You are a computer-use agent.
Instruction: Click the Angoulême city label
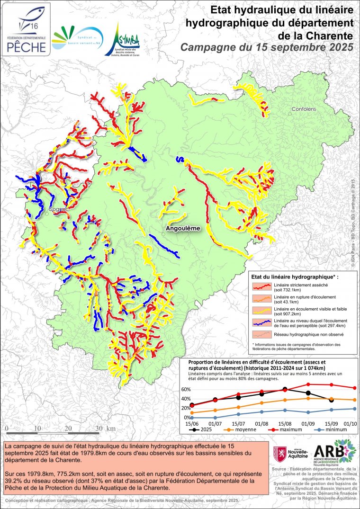tap(183, 228)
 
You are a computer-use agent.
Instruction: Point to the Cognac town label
tap(57, 208)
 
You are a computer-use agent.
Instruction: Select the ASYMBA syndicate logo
tap(122, 40)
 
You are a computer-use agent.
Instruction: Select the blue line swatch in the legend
tap(261, 323)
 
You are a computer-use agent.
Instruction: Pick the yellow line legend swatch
tap(261, 311)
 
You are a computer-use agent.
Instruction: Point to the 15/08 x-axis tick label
tap(285, 423)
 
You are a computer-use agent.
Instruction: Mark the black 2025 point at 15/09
tap(331, 400)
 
